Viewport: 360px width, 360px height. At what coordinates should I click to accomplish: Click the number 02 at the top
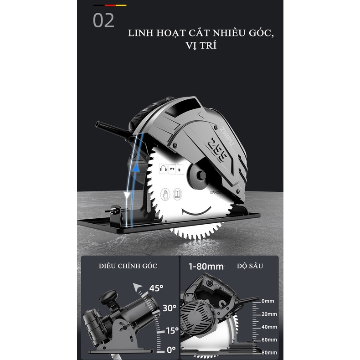pos(104,21)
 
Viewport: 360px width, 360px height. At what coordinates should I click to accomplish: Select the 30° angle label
pos(169,308)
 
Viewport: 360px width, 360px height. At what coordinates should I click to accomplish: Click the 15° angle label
pos(171,330)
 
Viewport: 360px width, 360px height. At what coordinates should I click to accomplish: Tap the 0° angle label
pos(171,350)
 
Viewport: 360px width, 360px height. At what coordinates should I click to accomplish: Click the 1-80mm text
pos(206,266)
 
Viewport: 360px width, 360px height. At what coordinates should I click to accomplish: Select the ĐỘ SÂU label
pos(250,266)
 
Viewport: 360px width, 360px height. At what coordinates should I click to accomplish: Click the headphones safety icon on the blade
pos(161,169)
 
